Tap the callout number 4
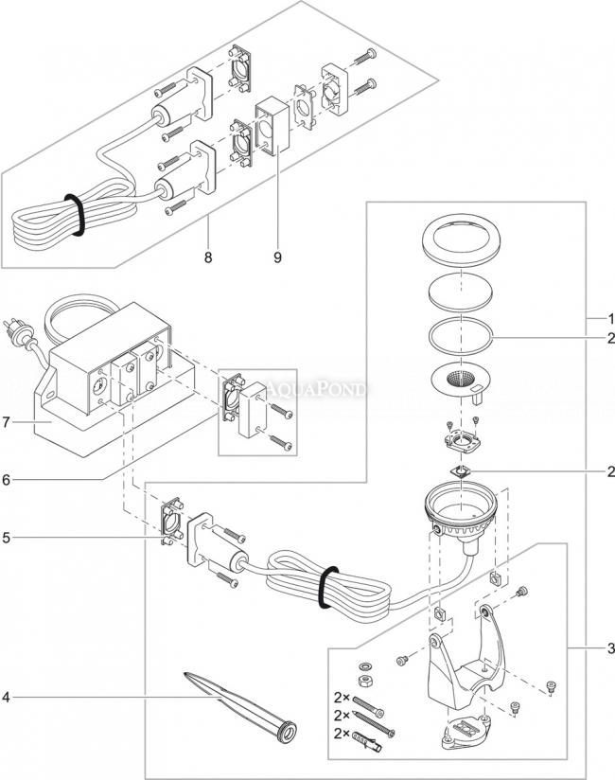tap(8, 700)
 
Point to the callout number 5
tap(8, 538)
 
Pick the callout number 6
tap(8, 481)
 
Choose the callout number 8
tap(208, 254)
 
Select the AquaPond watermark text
tap(322, 386)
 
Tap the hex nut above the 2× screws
tap(363, 681)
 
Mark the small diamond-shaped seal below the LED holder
tap(461, 470)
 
